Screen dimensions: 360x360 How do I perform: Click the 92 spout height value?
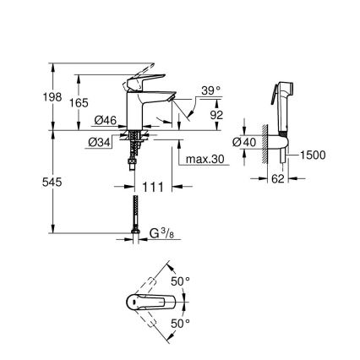click(x=215, y=113)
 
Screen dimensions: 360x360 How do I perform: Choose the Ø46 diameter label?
click(x=105, y=122)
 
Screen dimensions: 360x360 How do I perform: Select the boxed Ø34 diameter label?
click(x=99, y=141)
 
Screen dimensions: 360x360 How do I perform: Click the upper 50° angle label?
click(x=181, y=281)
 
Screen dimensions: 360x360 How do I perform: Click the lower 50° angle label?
click(x=181, y=323)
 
